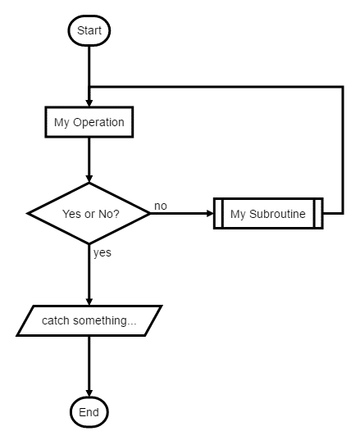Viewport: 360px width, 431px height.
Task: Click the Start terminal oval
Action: point(89,30)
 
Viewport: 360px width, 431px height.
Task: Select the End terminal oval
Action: point(89,412)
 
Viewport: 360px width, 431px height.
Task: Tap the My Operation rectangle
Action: point(89,122)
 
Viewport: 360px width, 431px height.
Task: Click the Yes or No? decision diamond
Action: point(89,213)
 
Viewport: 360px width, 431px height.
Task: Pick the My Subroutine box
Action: point(268,213)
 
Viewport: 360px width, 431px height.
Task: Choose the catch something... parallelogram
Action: point(89,320)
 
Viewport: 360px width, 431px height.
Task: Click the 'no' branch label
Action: point(161,206)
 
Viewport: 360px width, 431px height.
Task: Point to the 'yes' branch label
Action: point(103,253)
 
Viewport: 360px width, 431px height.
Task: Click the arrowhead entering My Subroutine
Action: point(210,213)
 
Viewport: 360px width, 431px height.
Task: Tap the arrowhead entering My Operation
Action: point(89,103)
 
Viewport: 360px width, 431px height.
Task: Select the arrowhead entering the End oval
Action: point(89,393)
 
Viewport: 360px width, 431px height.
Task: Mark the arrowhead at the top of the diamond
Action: point(89,179)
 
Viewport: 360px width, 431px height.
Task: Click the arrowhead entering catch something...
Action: point(89,302)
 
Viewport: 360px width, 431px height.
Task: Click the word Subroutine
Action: point(277,214)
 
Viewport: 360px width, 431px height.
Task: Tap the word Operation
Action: point(98,122)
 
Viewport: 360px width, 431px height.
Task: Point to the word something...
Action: point(100,320)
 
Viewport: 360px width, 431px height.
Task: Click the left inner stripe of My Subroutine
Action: point(222,213)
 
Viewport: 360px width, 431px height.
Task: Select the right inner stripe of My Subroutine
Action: point(314,213)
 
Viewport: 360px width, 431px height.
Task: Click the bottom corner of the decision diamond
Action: point(89,244)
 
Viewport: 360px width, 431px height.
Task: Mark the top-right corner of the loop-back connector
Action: point(343,87)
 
